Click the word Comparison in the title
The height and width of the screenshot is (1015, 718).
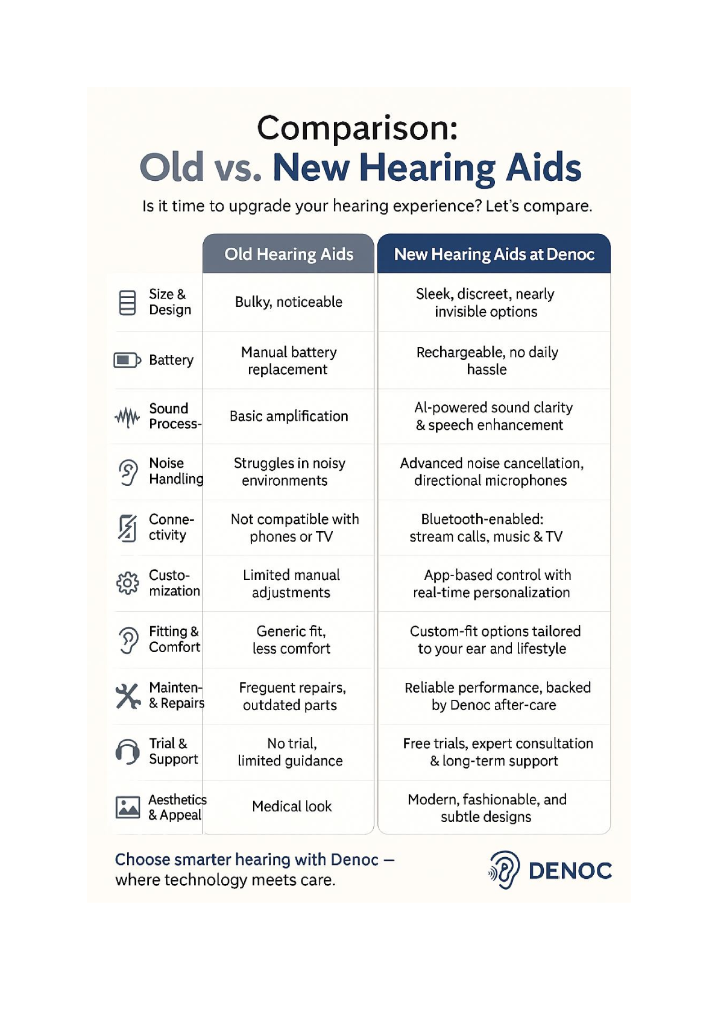click(357, 128)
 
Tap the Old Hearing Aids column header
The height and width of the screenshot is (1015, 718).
click(289, 254)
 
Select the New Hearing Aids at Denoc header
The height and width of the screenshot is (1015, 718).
click(494, 254)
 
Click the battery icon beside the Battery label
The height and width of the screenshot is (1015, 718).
click(127, 360)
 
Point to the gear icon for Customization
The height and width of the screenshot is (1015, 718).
click(127, 583)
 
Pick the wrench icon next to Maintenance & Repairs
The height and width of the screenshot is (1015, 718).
click(128, 696)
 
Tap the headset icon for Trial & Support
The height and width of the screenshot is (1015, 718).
click(127, 752)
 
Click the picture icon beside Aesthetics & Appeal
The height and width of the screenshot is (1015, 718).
click(128, 807)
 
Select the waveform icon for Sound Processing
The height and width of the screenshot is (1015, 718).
click(127, 416)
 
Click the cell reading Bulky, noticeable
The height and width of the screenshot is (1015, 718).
click(289, 302)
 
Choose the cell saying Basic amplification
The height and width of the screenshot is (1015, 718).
click(289, 416)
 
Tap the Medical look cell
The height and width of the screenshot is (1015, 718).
click(292, 806)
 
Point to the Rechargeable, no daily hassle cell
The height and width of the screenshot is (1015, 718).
click(487, 360)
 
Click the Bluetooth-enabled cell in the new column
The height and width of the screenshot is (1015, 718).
click(486, 528)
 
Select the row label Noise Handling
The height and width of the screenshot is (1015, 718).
click(175, 471)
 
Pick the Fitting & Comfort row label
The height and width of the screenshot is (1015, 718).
click(174, 639)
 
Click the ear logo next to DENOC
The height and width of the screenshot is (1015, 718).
click(505, 870)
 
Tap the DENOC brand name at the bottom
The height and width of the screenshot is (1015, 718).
click(570, 871)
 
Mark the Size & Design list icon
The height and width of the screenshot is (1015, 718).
click(127, 303)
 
